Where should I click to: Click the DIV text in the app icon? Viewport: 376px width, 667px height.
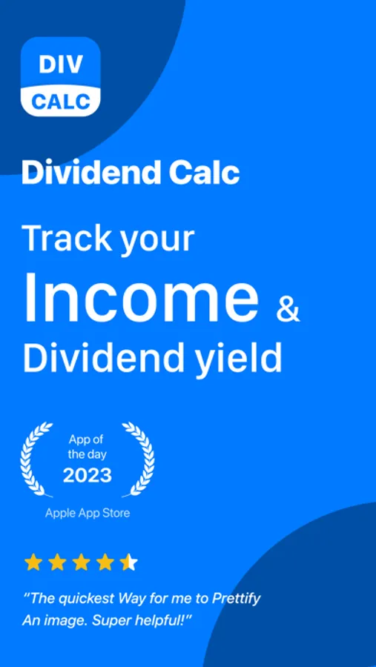(x=61, y=64)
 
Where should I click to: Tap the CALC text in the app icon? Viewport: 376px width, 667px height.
(x=61, y=102)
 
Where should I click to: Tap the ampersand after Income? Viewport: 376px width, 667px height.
(x=288, y=308)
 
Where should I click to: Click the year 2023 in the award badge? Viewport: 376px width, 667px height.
(x=88, y=475)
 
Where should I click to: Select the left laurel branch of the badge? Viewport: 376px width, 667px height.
(x=36, y=459)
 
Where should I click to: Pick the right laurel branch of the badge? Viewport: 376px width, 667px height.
(x=139, y=459)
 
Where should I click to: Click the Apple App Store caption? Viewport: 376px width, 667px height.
(x=88, y=514)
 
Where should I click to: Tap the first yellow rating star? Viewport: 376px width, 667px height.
(x=33, y=563)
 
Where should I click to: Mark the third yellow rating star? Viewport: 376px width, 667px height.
(x=81, y=563)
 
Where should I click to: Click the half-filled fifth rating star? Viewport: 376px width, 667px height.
(x=128, y=563)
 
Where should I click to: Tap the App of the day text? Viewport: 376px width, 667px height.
(x=87, y=446)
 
